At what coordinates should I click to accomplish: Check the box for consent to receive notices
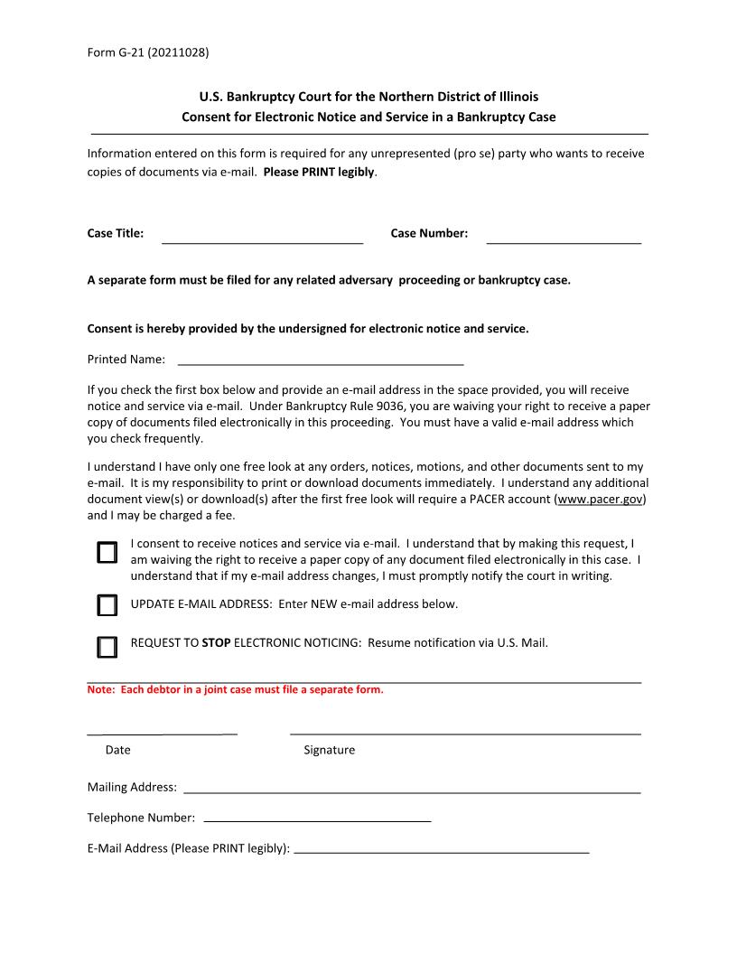[107, 553]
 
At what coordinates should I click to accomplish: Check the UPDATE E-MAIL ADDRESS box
[107, 605]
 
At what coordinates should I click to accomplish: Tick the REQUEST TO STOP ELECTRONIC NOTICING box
[107, 647]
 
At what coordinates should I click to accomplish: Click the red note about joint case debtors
[235, 690]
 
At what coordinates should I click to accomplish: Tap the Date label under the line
[117, 750]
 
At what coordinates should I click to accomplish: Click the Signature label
[329, 750]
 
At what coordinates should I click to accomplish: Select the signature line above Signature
[465, 732]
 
